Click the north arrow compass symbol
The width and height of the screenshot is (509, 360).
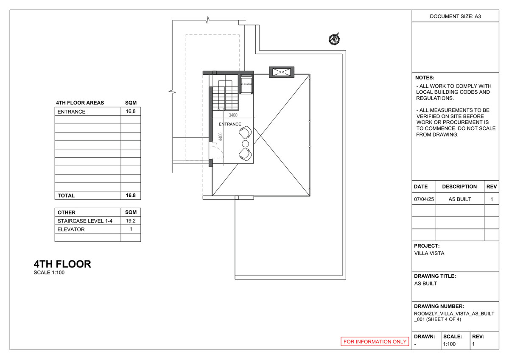(x=335, y=39)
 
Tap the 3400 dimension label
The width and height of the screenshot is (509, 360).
(x=233, y=115)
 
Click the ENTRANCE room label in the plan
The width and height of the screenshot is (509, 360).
(x=230, y=124)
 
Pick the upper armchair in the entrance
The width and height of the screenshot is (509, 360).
(x=245, y=134)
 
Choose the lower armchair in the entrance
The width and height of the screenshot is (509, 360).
(x=245, y=153)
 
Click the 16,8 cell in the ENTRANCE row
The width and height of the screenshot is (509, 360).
(x=130, y=112)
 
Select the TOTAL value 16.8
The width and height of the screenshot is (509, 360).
(x=130, y=195)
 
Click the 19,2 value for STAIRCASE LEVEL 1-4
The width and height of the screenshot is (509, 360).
(x=130, y=221)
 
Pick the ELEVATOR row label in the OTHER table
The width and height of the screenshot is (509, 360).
(x=71, y=229)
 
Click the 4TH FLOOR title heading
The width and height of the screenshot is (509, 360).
(x=62, y=264)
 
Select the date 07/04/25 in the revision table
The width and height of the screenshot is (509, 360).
(x=424, y=199)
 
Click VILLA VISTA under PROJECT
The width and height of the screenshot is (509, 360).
(x=429, y=254)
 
